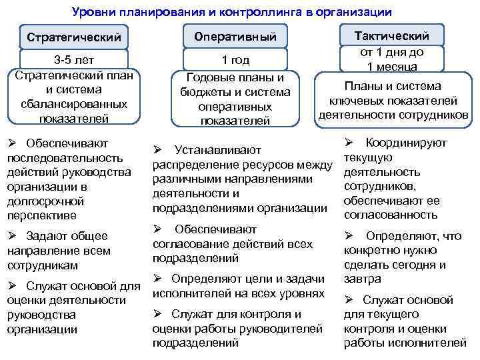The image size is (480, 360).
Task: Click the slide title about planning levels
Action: pyautogui.click(x=231, y=12)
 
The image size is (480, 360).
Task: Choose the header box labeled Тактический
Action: pyautogui.click(x=393, y=36)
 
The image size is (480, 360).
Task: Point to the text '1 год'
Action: pyautogui.click(x=234, y=61)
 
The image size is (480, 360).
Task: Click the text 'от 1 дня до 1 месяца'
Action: pyautogui.click(x=392, y=59)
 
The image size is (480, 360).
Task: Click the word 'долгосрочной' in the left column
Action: pyautogui.click(x=36, y=201)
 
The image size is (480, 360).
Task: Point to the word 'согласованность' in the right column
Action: pyautogui.click(x=390, y=215)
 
